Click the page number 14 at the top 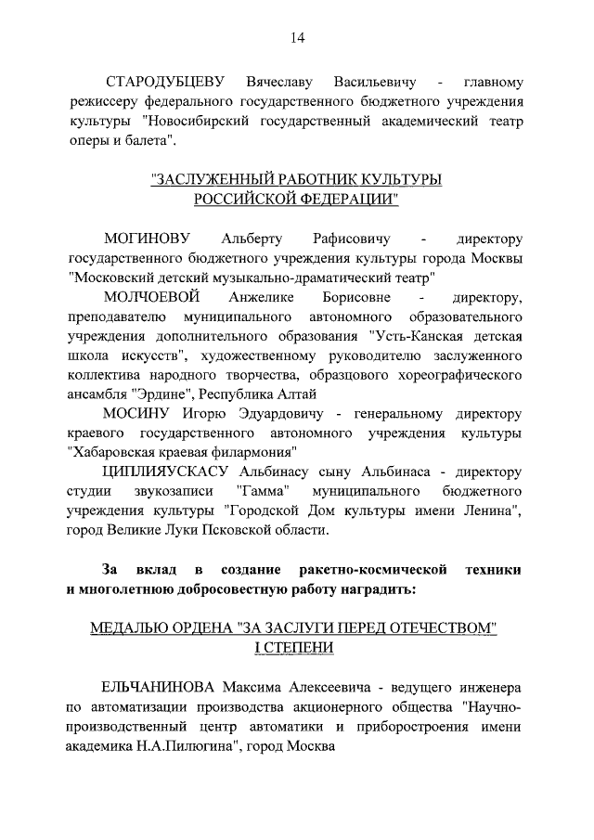click(296, 38)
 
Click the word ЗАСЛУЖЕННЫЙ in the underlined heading click(215, 179)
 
